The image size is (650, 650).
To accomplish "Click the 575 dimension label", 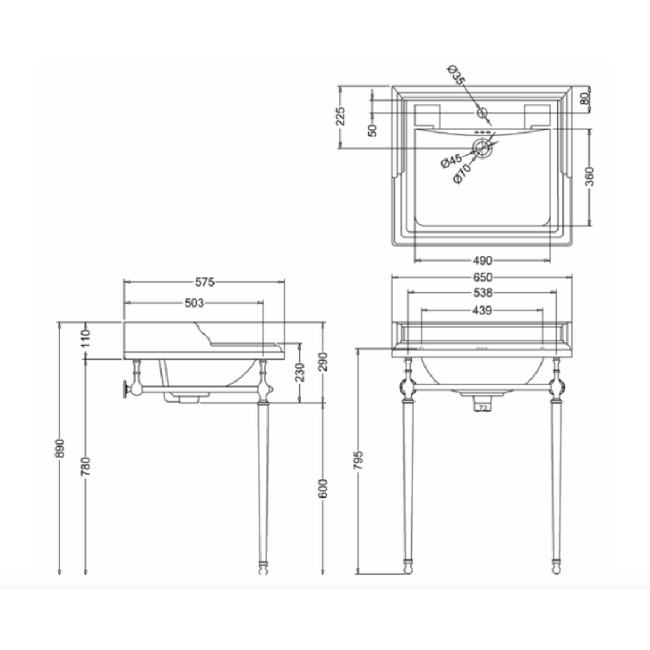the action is [x=205, y=282].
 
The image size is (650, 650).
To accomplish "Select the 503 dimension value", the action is [x=194, y=303].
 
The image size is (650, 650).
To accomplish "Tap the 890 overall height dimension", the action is [x=60, y=448].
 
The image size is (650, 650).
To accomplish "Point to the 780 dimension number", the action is [x=85, y=466].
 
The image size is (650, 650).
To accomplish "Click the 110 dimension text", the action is [x=85, y=338].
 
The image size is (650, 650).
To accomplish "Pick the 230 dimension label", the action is [x=300, y=372].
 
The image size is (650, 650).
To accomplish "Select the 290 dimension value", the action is [x=323, y=362].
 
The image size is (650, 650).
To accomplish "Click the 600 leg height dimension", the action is [x=323, y=488].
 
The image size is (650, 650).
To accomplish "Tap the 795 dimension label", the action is [x=358, y=460].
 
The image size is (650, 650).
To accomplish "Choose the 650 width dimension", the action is [x=482, y=277].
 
